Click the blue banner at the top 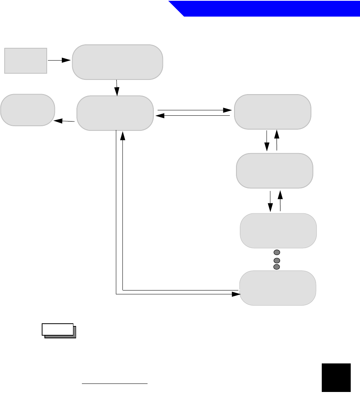270,8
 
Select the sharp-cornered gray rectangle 25,61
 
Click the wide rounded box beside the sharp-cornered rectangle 117,62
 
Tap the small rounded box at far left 27,110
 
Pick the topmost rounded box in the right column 273,111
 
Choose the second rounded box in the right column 274,171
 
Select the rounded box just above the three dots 278,230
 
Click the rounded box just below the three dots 278,288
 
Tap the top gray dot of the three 277,252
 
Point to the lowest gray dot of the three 277,267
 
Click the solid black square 336,378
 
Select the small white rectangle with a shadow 58,329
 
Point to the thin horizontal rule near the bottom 115,384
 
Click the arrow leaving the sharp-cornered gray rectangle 59,60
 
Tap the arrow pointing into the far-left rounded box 64,121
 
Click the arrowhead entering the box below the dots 236,294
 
